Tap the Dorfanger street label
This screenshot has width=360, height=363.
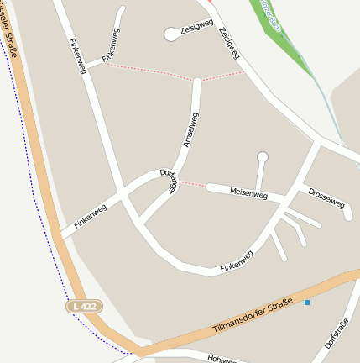(x=167, y=181)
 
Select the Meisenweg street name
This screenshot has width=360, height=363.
(x=248, y=194)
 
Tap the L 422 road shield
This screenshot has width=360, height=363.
(x=85, y=307)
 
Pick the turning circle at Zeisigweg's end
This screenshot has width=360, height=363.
(x=171, y=34)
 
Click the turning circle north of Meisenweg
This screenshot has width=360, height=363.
(x=262, y=156)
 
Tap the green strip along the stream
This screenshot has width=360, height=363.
(x=285, y=38)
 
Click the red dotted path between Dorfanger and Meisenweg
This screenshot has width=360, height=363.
(x=192, y=183)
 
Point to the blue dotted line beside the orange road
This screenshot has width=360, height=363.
(x=50, y=252)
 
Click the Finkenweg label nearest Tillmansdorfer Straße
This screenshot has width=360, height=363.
(x=237, y=261)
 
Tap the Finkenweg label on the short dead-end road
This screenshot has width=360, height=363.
(x=111, y=45)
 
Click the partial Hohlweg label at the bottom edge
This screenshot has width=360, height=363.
(x=223, y=358)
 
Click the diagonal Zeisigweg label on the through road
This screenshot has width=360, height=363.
(x=228, y=43)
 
